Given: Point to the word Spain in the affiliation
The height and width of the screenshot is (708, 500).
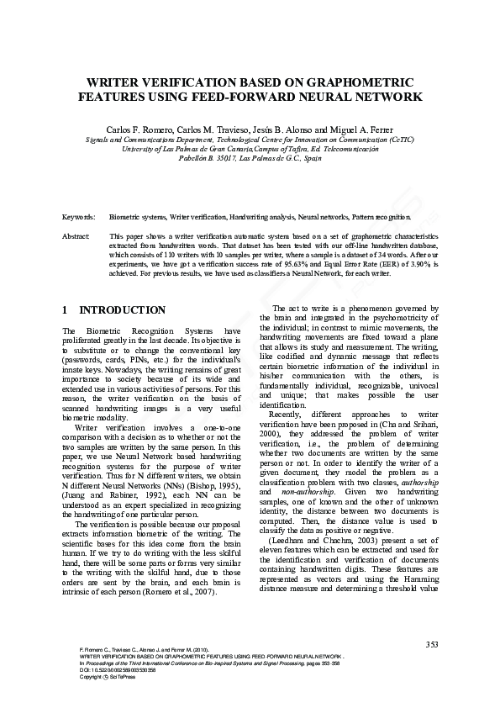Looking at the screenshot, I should (x=312, y=157).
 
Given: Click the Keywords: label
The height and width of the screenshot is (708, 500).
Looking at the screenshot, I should (x=79, y=217).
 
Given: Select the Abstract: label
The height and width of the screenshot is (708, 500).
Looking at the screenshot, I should (x=76, y=237).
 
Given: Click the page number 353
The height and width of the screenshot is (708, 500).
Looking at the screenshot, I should (x=432, y=645).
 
